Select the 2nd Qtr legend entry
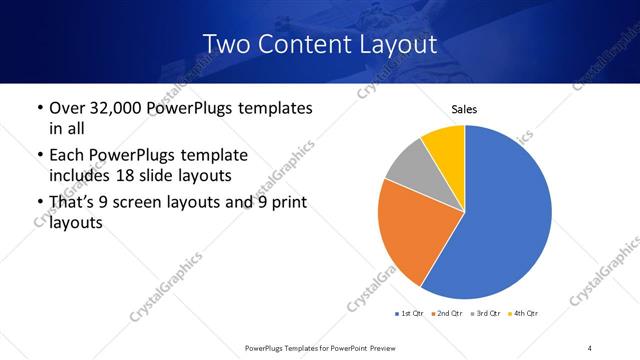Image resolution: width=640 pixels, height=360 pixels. point(447,313)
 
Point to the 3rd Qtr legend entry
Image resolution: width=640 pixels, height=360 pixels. point(486,313)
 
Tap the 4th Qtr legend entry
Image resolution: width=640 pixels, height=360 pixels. point(523,313)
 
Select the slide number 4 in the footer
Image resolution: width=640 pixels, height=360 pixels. point(590,347)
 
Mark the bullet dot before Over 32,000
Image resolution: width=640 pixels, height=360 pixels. point(39,108)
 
